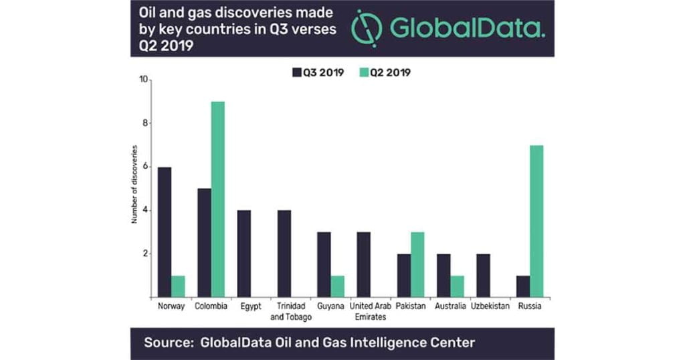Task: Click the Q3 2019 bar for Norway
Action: tap(164, 232)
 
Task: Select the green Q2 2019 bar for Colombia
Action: tap(218, 199)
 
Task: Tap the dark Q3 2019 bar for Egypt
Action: tap(244, 254)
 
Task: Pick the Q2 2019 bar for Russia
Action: tap(536, 221)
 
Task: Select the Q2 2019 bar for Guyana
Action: tap(338, 286)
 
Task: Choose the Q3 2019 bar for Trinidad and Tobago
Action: tap(284, 254)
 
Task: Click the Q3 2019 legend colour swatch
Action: tap(297, 72)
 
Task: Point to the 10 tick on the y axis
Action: tap(143, 80)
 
